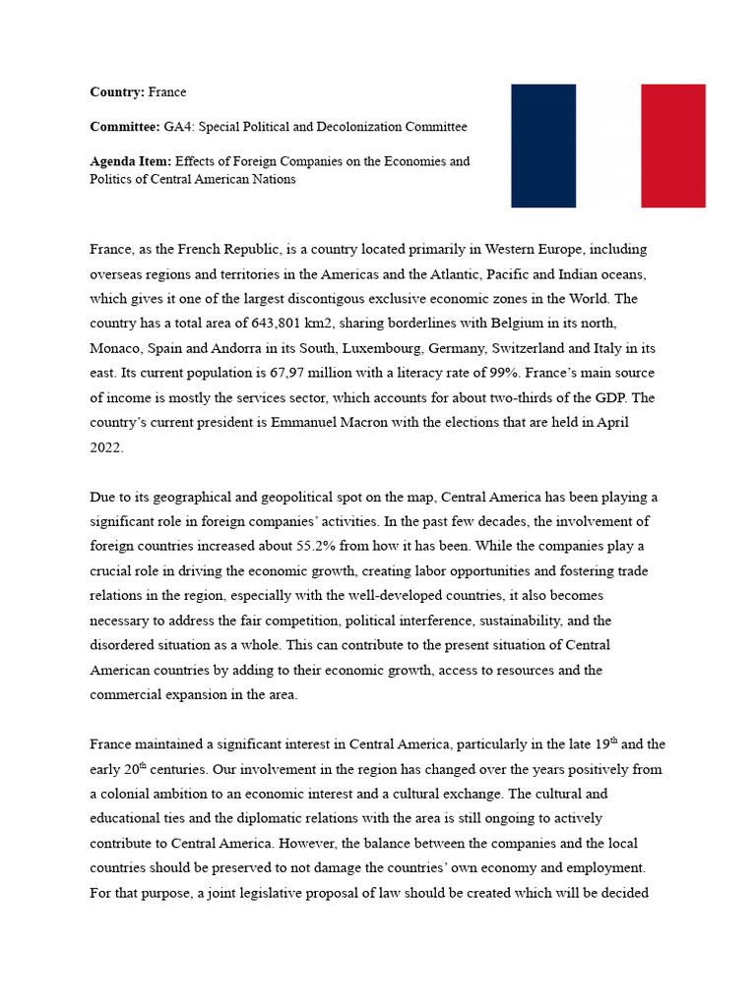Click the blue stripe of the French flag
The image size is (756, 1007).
pyautogui.click(x=543, y=146)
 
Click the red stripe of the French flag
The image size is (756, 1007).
pyautogui.click(x=672, y=146)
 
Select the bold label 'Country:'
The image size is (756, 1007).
pyautogui.click(x=116, y=92)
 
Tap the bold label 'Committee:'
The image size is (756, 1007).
pyautogui.click(x=124, y=127)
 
